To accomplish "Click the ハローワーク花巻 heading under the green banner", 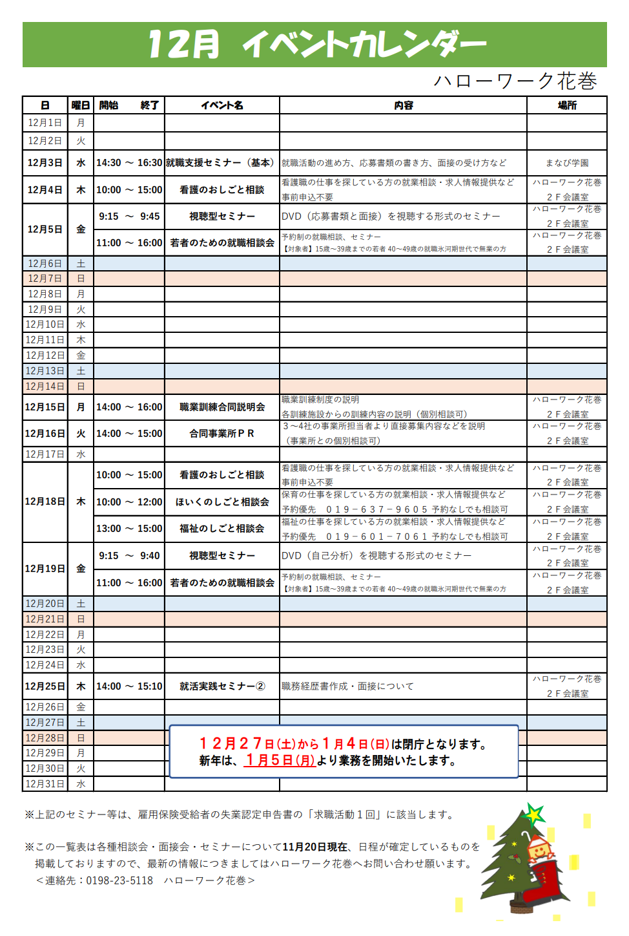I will [x=515, y=81].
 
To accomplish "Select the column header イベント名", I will [x=222, y=105].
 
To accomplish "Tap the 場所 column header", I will [x=566, y=105].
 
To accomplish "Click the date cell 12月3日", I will [x=45, y=163].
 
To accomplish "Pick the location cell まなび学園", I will [x=566, y=163].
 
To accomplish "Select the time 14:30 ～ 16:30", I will [x=129, y=163].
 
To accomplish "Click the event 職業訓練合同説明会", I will [x=222, y=407].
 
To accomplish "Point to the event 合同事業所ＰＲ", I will [x=222, y=434].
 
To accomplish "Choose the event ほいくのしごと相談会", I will [x=222, y=502].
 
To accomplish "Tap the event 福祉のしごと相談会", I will [x=222, y=529].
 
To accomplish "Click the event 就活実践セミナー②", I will [x=222, y=686].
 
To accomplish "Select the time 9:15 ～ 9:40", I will [x=129, y=556].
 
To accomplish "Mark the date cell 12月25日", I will [x=45, y=686].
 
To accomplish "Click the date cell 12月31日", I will [x=45, y=784].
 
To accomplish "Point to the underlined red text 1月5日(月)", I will [x=280, y=761].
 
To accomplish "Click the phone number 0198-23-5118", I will [x=119, y=880].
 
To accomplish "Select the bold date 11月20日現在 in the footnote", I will [x=314, y=847].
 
